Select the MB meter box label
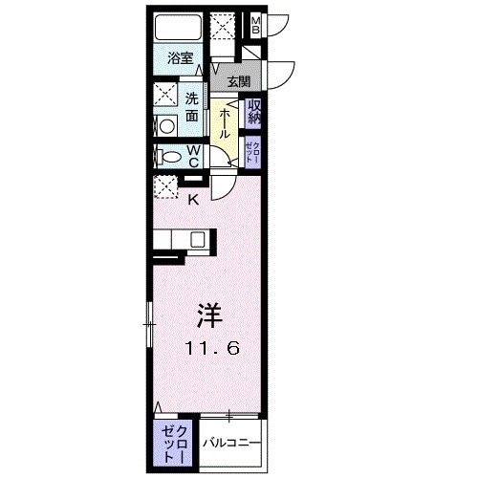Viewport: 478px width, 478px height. pyautogui.click(x=255, y=24)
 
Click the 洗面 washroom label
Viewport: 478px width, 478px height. pyautogui.click(x=192, y=105)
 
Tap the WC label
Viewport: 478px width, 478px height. pyautogui.click(x=192, y=155)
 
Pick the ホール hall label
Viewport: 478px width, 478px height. pyautogui.click(x=223, y=121)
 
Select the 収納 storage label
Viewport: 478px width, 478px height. pyautogui.click(x=255, y=112)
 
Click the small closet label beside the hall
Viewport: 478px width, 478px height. pyautogui.click(x=251, y=151)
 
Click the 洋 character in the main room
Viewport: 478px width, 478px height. pyautogui.click(x=210, y=314)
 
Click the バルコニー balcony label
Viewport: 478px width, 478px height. pyautogui.click(x=228, y=443)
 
